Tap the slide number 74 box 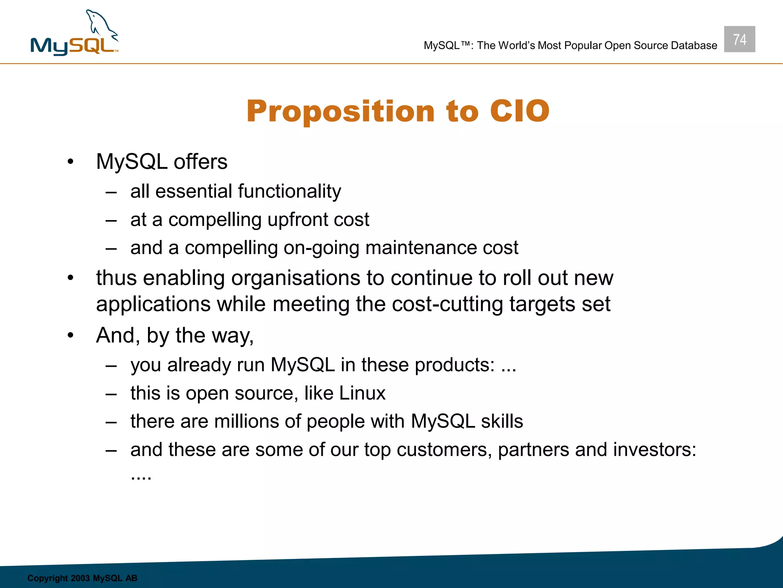pos(739,39)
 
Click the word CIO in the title pos(520,111)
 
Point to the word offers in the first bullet pos(200,162)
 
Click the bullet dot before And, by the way pos(70,335)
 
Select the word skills pos(502,421)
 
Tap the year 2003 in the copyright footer pos(80,578)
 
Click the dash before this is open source pos(111,394)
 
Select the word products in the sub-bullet pos(454,365)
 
